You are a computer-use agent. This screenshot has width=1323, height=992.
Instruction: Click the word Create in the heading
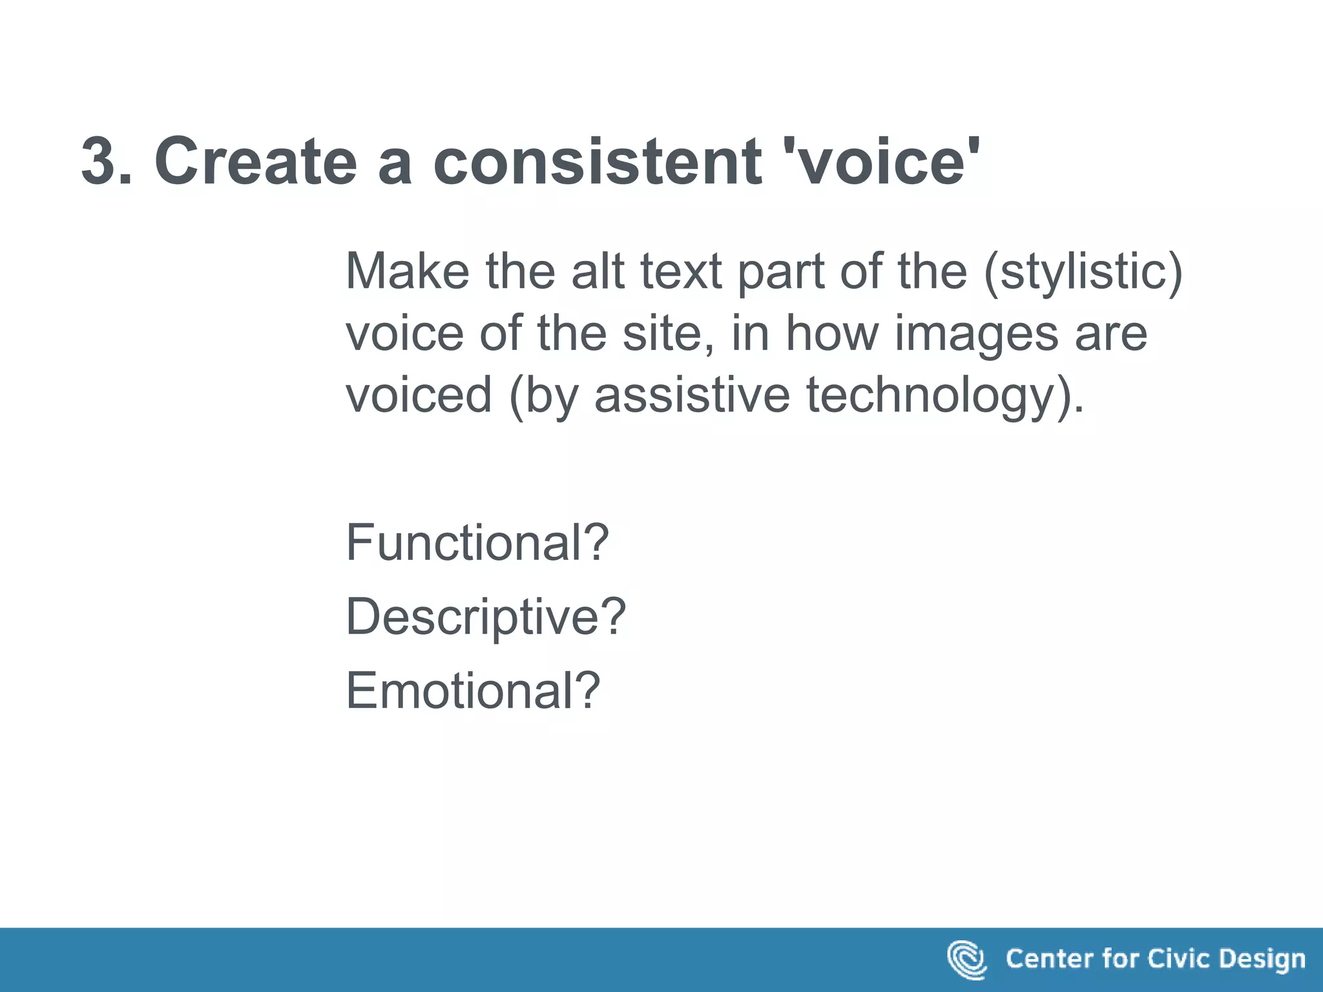click(x=255, y=161)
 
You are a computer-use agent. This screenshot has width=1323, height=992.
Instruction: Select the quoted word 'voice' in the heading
click(x=881, y=161)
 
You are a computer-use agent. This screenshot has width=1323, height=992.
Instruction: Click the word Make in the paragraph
click(x=408, y=271)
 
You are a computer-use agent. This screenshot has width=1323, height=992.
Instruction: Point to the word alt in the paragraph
click(x=598, y=271)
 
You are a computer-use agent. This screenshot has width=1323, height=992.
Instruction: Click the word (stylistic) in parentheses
click(x=1083, y=271)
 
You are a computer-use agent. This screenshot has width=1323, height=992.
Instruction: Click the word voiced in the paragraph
click(x=419, y=395)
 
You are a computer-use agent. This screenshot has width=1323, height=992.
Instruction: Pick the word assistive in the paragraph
click(x=692, y=395)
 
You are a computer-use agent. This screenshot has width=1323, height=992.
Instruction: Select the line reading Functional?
click(x=477, y=542)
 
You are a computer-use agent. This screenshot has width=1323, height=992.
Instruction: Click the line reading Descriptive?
click(x=486, y=617)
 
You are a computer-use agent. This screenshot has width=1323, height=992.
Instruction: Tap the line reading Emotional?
click(x=473, y=690)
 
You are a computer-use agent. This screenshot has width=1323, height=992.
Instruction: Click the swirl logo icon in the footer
click(x=966, y=960)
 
